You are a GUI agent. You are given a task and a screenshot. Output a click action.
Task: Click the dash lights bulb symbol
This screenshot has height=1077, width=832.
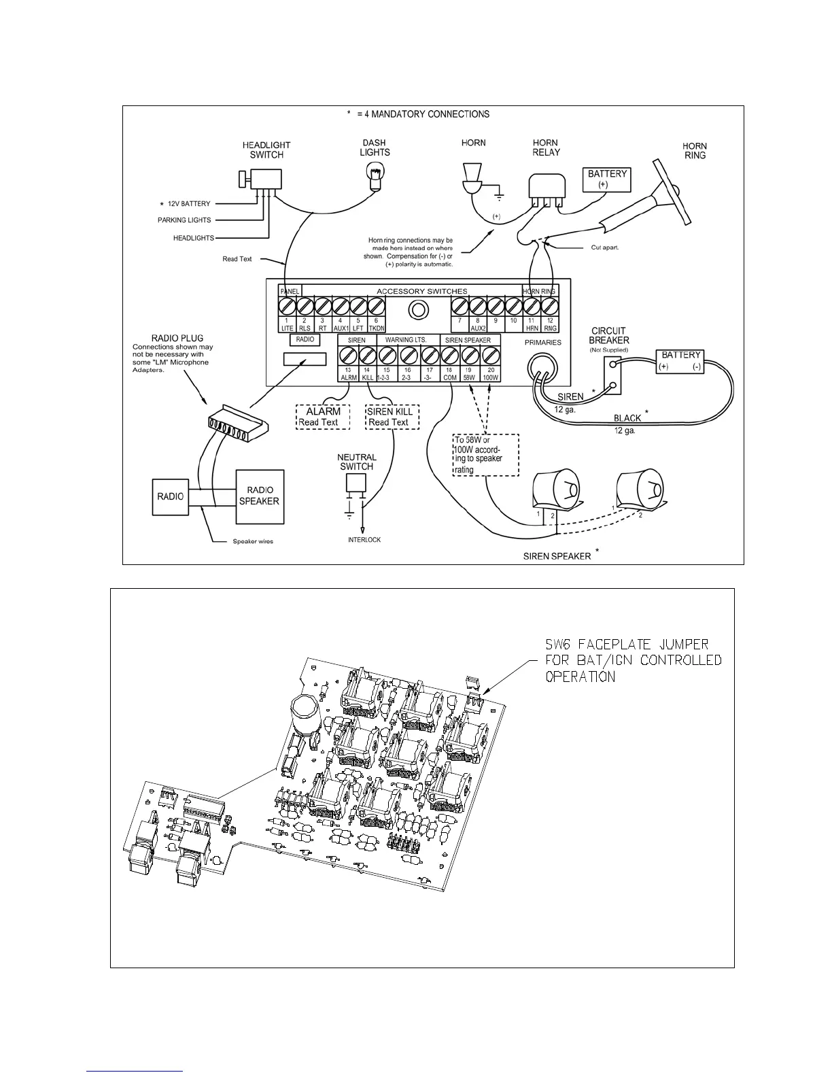coord(375,179)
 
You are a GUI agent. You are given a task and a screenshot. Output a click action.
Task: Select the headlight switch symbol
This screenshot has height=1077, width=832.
coord(262,179)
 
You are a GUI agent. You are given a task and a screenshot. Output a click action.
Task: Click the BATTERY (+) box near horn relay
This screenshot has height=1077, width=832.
coord(608,179)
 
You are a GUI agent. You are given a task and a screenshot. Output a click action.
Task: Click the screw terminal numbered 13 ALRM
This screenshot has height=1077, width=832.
coord(348,355)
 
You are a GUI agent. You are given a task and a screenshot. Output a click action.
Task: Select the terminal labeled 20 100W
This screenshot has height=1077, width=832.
coord(490,355)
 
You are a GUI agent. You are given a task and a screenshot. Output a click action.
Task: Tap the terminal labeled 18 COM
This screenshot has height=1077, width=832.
coord(449,355)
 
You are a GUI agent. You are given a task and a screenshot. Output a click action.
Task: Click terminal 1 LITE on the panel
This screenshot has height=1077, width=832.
coord(288,307)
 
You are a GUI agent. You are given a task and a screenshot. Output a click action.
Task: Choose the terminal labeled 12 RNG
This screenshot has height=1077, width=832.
coord(550,307)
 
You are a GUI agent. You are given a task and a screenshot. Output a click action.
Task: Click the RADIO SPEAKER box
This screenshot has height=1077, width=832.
coord(260,496)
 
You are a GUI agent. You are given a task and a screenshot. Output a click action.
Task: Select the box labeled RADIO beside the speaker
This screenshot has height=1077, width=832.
coord(170,496)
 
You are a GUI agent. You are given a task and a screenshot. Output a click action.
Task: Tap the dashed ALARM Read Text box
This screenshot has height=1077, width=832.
coord(323,417)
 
